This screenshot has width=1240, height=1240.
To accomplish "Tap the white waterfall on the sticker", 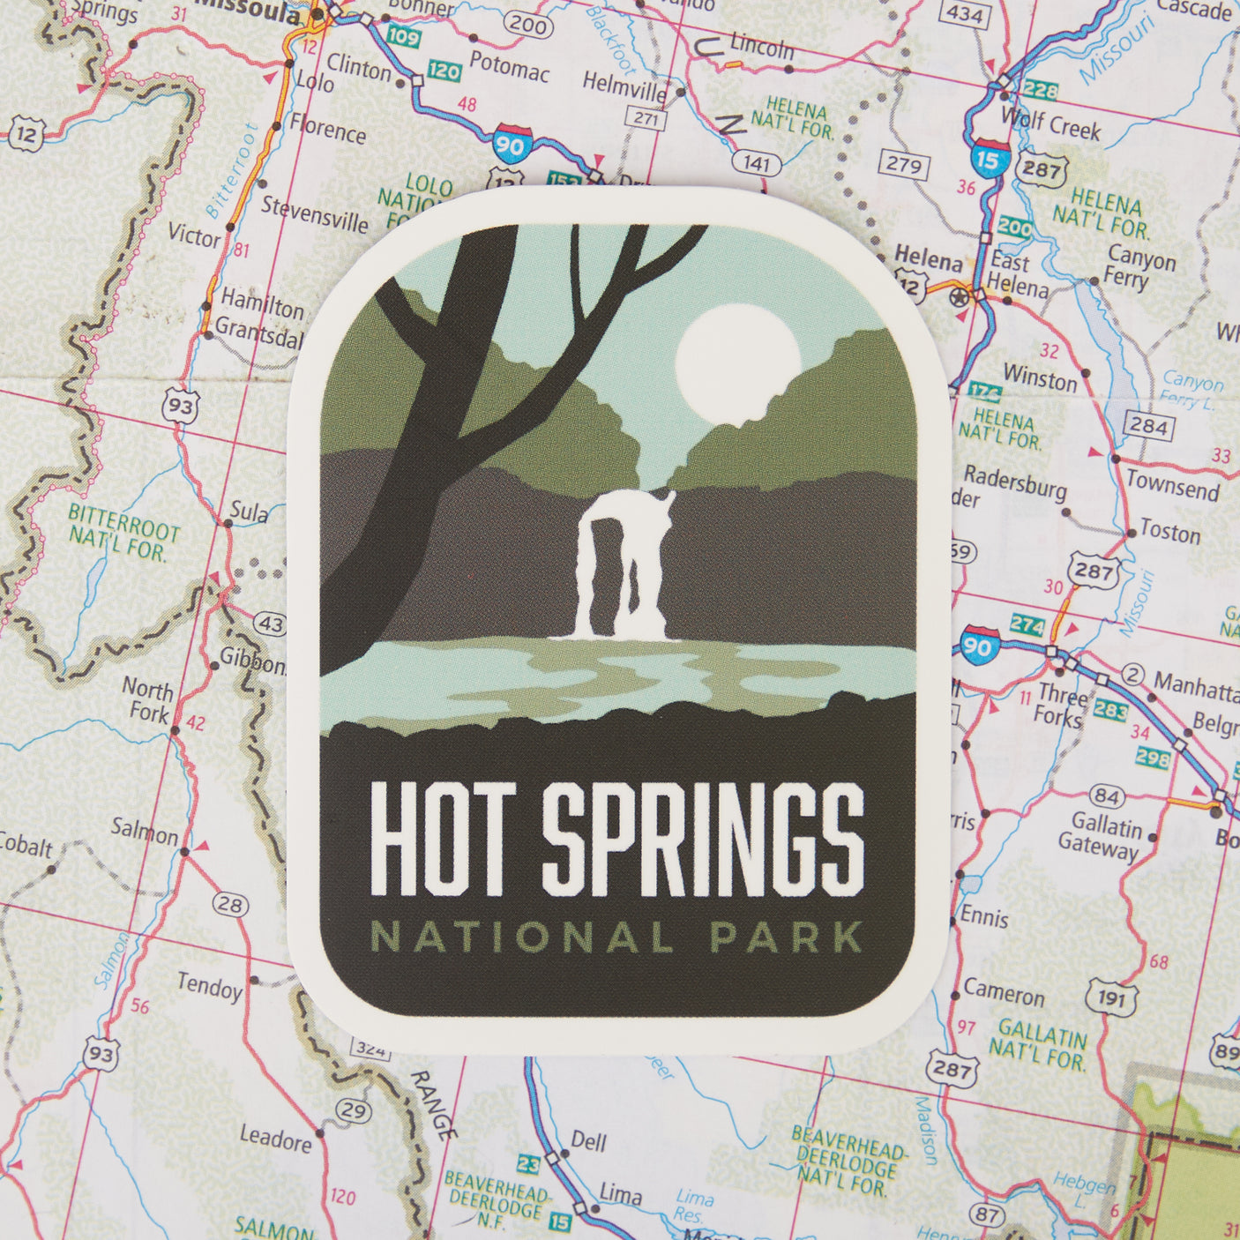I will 622,564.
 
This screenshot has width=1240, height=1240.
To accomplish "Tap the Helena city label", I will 928,260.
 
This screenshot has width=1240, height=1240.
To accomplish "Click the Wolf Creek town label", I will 1050,125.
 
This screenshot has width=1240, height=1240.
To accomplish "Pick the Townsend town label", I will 1172,485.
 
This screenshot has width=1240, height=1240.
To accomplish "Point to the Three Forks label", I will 1062,705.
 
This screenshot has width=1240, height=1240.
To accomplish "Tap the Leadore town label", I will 275,1139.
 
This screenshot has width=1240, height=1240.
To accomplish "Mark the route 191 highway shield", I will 1111,998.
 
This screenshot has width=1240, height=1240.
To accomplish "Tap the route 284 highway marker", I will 1149,427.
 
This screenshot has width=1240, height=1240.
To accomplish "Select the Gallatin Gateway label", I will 1106,837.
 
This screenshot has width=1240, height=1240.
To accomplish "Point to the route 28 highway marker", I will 230,904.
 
